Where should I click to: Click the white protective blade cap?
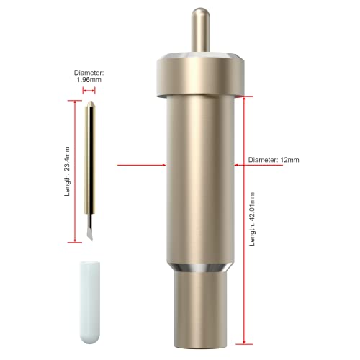(90, 302)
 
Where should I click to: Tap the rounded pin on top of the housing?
(200, 30)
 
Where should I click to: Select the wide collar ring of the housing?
(200, 75)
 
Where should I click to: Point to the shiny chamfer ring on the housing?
(200, 268)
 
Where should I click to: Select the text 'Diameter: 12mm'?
(274, 160)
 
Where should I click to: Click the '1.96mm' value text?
(89, 80)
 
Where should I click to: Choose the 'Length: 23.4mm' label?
(67, 171)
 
